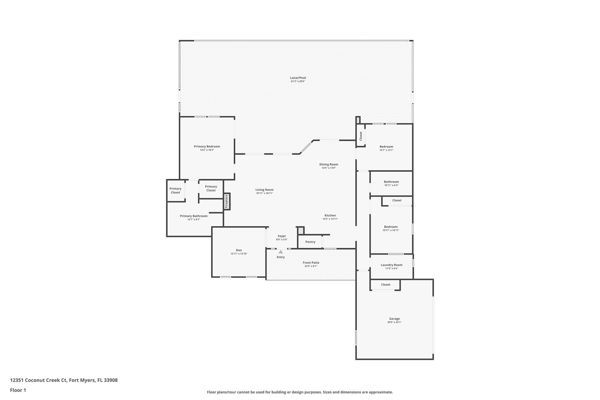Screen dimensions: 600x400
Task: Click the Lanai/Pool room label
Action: click(298, 78)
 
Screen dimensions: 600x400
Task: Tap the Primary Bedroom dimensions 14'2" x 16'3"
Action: click(207, 150)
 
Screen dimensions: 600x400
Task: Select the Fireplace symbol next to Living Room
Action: click(227, 201)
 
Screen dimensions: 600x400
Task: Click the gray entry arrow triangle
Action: click(281, 252)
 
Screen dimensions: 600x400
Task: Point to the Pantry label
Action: click(310, 242)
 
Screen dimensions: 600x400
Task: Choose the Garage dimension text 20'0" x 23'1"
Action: click(394, 322)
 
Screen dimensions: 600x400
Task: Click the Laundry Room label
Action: click(391, 265)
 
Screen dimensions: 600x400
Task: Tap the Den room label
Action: click(239, 250)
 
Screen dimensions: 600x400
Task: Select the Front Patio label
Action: click(311, 263)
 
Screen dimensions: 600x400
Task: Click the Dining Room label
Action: click(329, 164)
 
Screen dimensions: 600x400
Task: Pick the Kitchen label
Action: click(330, 215)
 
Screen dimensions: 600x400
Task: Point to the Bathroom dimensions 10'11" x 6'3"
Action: click(391, 185)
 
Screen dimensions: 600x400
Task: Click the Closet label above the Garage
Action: click(386, 285)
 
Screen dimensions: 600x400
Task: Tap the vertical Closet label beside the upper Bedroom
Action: click(361, 136)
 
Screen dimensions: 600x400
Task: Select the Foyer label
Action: click(282, 236)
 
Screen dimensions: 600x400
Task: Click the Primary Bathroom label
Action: click(194, 216)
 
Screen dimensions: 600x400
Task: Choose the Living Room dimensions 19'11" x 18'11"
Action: click(264, 193)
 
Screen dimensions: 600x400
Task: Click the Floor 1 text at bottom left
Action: click(18, 390)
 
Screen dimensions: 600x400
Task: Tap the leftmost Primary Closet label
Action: click(175, 190)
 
